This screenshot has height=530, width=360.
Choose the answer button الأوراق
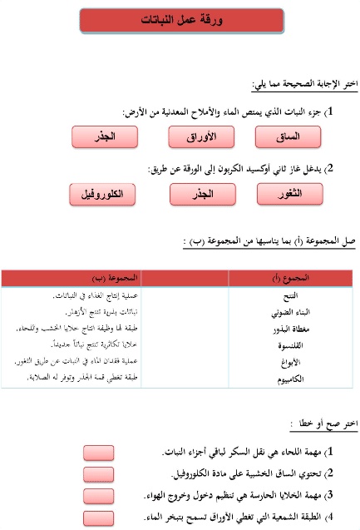pos(200,136)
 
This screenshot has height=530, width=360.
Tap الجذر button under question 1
pos(104,136)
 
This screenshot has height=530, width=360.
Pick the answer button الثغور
pos(291,194)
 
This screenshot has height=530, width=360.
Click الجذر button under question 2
pos(200,194)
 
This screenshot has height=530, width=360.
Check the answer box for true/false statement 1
pos(100,453)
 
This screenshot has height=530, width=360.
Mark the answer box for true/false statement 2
pos(100,474)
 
